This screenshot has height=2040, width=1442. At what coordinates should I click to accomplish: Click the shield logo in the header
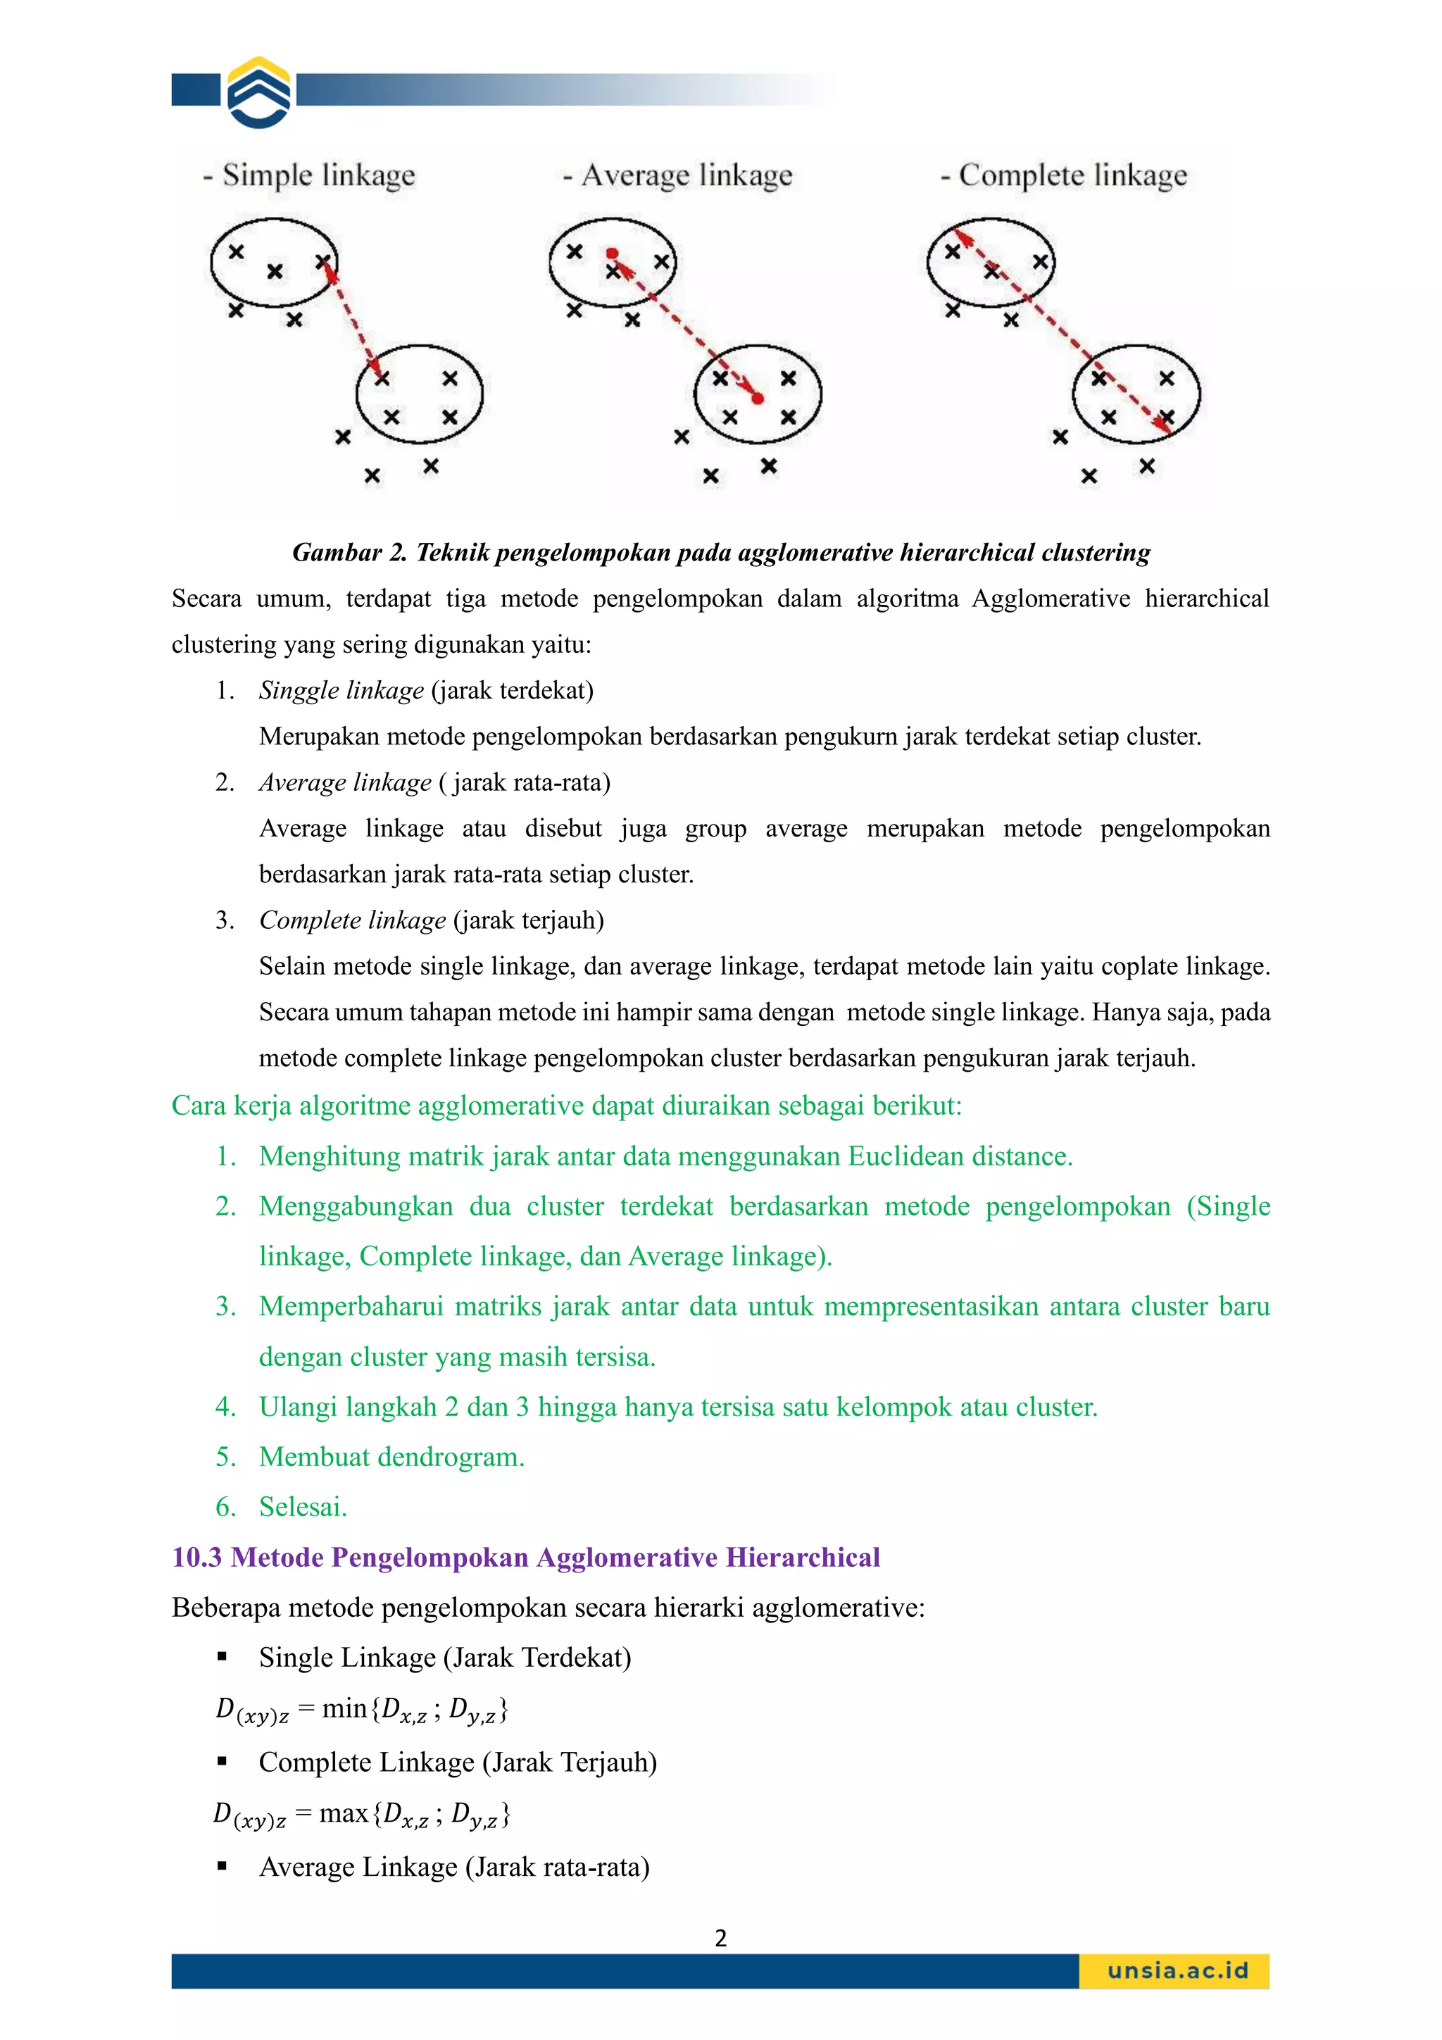[258, 92]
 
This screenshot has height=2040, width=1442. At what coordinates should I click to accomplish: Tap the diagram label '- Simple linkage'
[310, 175]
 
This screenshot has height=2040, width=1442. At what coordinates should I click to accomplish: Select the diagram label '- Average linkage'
[678, 175]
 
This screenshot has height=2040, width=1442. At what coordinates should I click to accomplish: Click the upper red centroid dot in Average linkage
[612, 254]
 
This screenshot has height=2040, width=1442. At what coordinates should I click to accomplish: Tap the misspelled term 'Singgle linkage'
[341, 690]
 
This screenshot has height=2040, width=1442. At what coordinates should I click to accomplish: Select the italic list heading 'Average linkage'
[345, 783]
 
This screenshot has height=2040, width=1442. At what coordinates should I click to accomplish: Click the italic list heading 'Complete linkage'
[352, 920]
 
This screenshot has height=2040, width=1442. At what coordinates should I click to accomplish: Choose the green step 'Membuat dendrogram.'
[391, 1457]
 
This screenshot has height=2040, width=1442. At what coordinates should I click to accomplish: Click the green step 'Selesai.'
[303, 1507]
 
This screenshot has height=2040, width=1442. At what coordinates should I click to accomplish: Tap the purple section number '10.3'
[196, 1558]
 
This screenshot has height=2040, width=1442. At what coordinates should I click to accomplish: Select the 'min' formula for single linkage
[362, 1710]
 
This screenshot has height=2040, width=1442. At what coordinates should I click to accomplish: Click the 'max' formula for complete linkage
[362, 1815]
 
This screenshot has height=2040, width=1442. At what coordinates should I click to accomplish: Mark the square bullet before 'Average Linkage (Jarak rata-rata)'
[222, 1867]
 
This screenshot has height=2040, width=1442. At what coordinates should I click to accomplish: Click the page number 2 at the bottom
[720, 1938]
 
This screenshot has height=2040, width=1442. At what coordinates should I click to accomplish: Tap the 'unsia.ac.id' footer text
[1177, 1971]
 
